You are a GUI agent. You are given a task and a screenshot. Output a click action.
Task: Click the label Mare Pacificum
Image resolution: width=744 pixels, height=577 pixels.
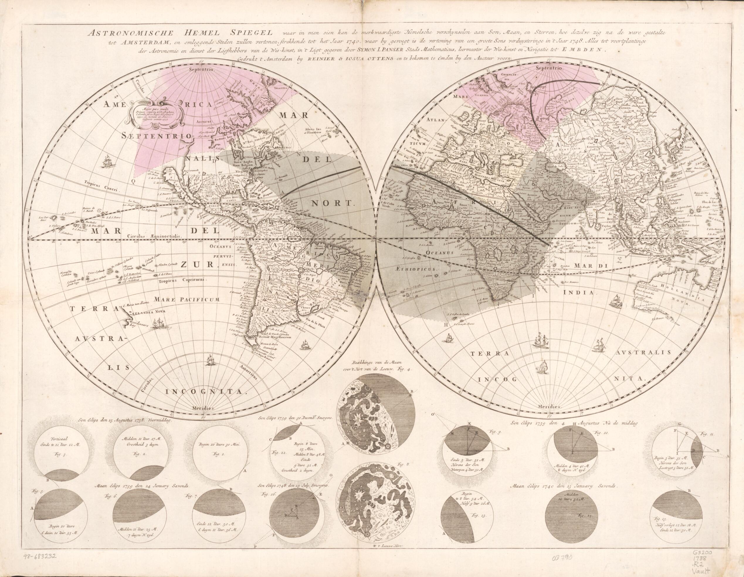click(185, 299)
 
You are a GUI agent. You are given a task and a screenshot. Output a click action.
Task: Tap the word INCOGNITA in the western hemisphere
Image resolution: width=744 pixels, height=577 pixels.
click(205, 392)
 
